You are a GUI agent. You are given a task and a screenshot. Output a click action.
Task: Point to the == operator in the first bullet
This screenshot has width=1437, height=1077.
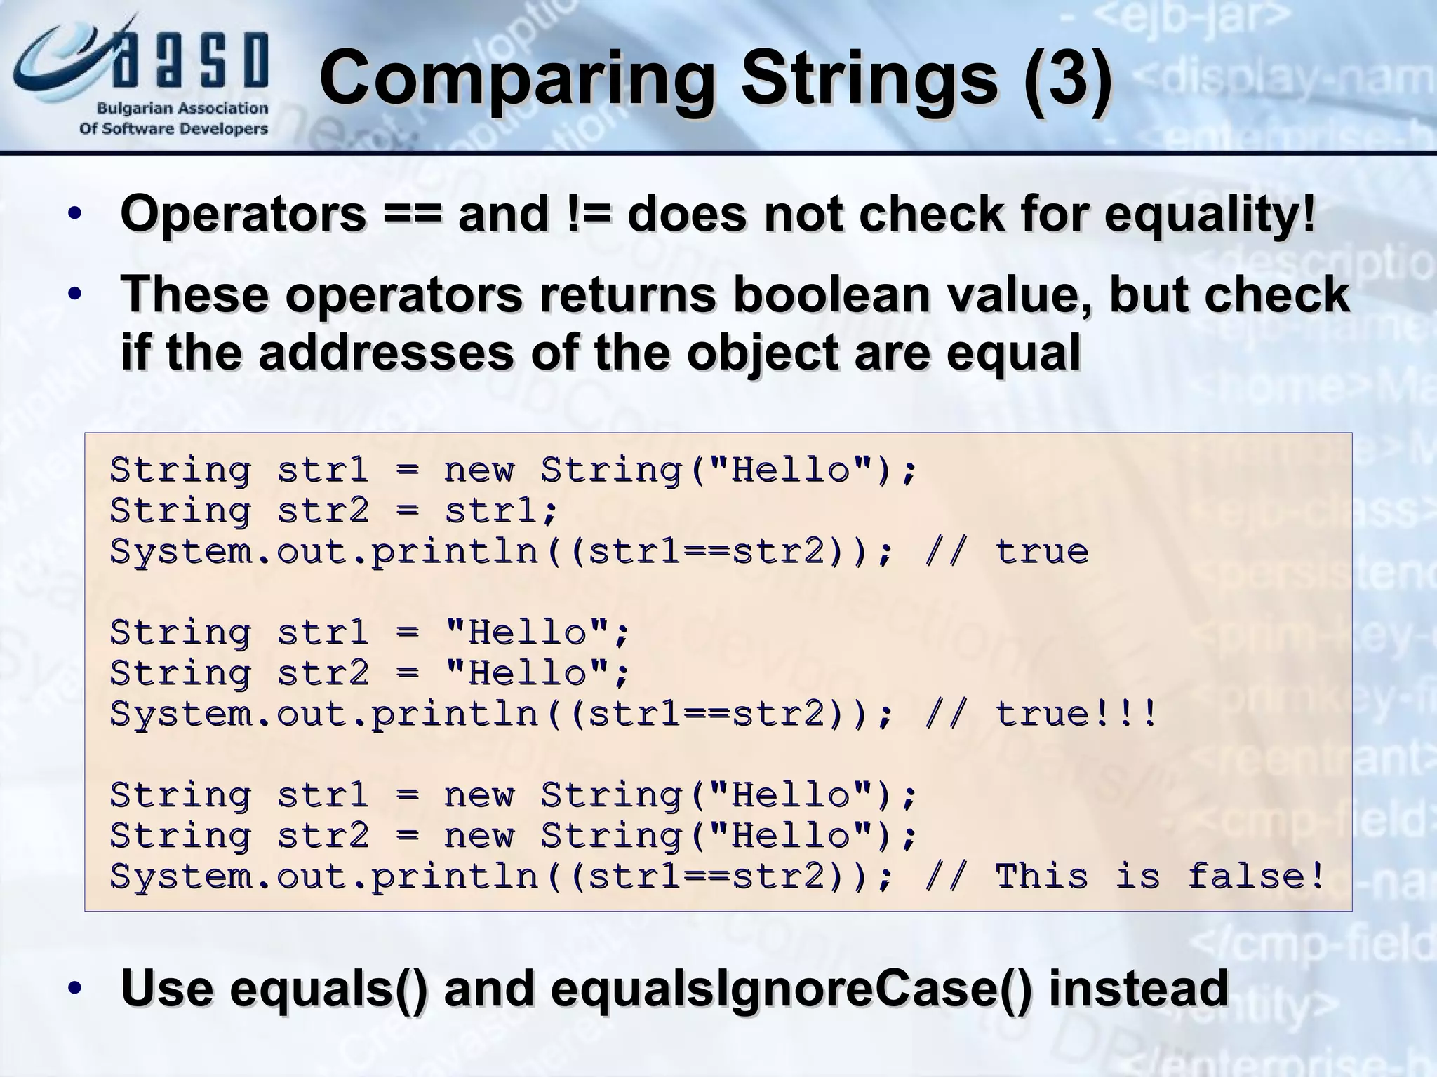[413, 215]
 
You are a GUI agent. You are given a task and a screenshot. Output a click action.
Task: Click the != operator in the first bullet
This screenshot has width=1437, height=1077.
[587, 215]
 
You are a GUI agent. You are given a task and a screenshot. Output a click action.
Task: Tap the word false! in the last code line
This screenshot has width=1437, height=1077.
[1256, 877]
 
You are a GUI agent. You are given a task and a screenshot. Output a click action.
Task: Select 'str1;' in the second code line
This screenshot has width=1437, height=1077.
[501, 511]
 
